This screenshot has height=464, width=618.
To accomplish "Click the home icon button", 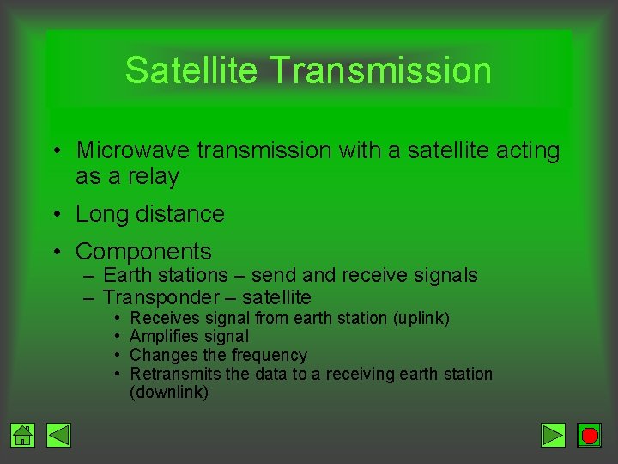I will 23,436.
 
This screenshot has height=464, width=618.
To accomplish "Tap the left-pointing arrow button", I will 59,436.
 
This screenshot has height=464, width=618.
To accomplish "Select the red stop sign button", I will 590,436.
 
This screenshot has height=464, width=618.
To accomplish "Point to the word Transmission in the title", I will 380,70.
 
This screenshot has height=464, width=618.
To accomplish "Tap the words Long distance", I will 150,214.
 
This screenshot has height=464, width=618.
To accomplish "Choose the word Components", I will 143,252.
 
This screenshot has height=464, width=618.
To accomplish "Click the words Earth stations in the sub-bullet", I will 167,275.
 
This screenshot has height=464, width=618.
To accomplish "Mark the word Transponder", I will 161,297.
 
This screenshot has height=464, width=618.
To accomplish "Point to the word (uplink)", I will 421,318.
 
